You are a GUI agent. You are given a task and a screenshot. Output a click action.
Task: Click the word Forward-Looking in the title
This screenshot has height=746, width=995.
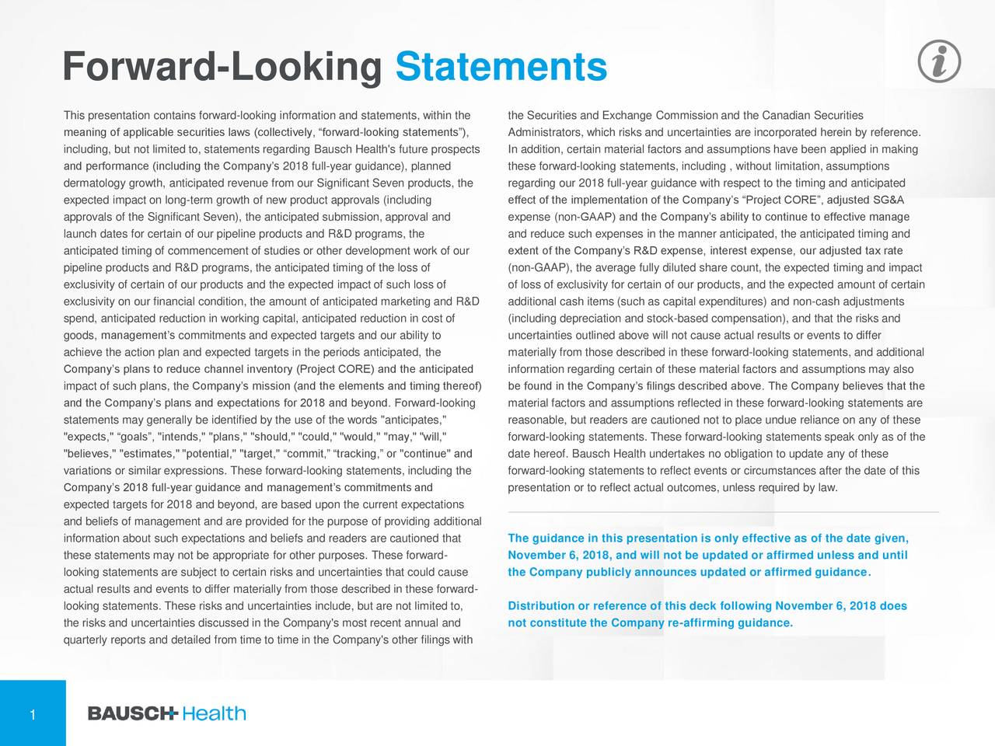click(222, 68)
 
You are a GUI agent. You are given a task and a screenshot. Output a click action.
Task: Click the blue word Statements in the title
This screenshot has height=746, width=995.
click(501, 68)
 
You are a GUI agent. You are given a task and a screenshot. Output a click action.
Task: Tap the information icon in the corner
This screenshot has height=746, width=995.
click(939, 61)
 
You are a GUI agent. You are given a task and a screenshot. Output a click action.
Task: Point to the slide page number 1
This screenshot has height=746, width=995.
click(33, 715)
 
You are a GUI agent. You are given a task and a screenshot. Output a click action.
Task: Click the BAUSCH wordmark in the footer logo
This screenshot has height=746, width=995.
click(133, 713)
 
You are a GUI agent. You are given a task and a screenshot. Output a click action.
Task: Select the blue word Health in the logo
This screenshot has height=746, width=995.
click(215, 713)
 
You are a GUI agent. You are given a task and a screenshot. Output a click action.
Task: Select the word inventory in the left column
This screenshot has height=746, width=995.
click(267, 369)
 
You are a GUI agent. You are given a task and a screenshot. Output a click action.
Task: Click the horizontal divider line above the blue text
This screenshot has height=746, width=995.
click(723, 512)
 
